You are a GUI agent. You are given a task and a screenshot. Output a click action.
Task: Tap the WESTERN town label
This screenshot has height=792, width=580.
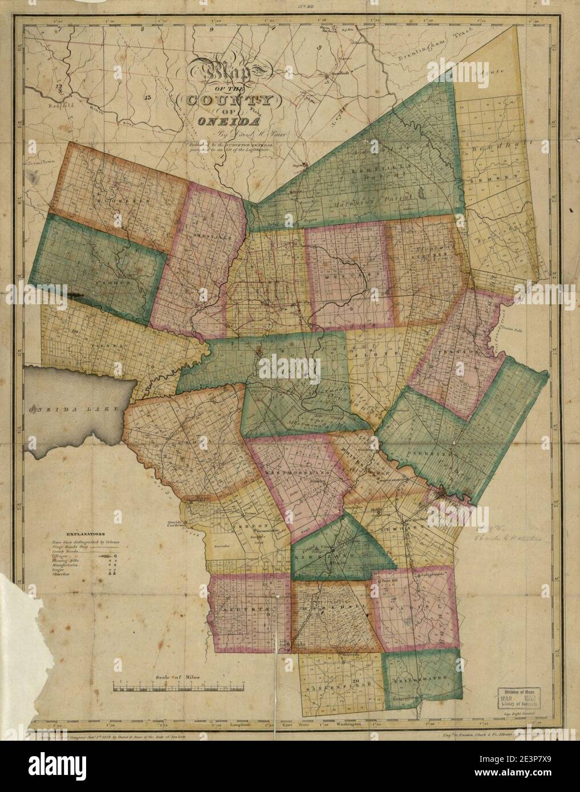tap(344, 275)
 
